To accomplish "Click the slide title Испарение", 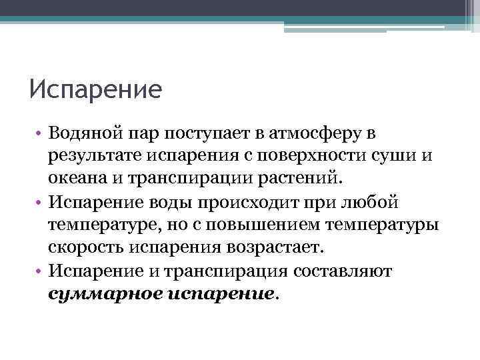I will (95, 89).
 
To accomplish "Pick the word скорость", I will (83, 247).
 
